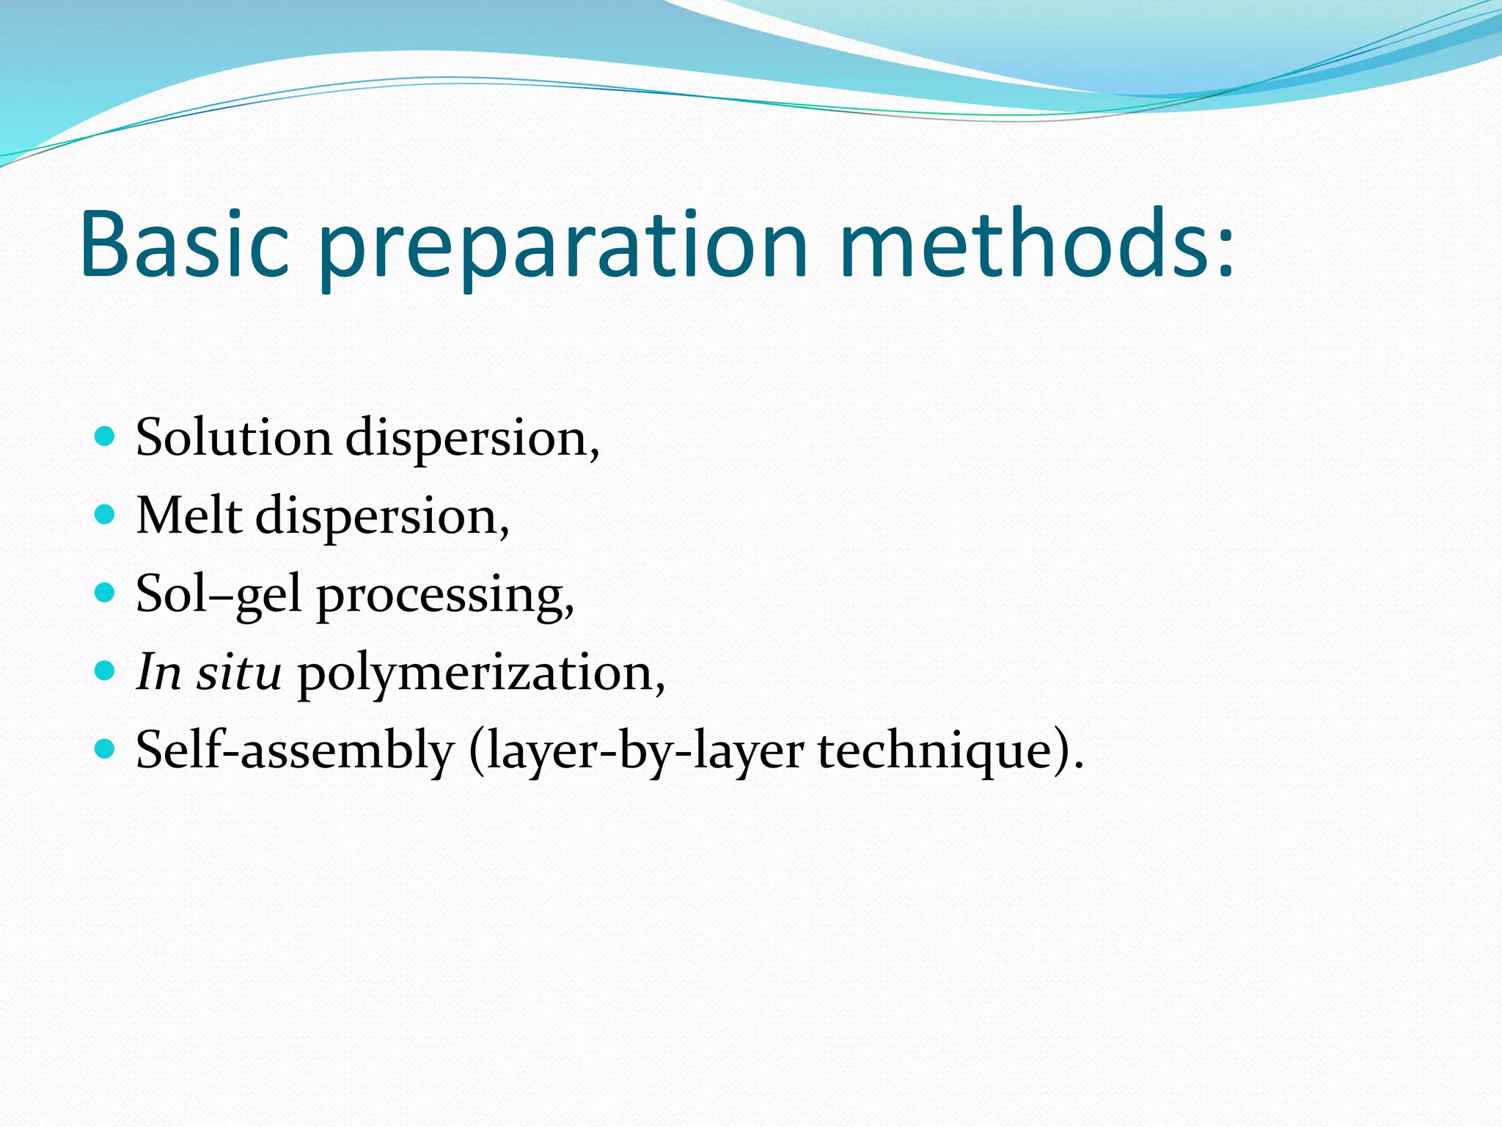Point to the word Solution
(x=234, y=438)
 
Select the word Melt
(x=189, y=516)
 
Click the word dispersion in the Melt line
(x=381, y=517)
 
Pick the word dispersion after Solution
(x=472, y=440)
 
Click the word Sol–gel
(x=219, y=595)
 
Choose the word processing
(x=444, y=597)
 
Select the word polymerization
(x=480, y=674)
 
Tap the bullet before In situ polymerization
(x=106, y=671)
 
